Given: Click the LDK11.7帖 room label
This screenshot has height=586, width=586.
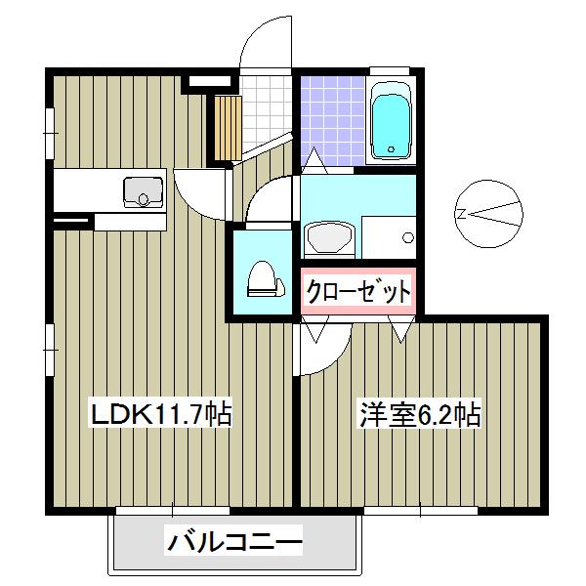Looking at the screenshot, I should [160, 414].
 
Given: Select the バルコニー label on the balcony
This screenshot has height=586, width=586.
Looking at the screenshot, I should [233, 539].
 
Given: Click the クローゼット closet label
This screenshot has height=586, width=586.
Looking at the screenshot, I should [357, 290].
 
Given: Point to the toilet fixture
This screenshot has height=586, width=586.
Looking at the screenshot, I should [263, 279].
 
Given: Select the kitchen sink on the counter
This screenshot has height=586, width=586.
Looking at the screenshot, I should [143, 191].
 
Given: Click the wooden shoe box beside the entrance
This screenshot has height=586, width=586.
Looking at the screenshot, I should [227, 128].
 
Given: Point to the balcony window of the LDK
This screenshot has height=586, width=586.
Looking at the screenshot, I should [173, 510].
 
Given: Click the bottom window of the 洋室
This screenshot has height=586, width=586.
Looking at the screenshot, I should [420, 510].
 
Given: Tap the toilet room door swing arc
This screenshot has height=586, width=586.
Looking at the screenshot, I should [268, 199].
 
